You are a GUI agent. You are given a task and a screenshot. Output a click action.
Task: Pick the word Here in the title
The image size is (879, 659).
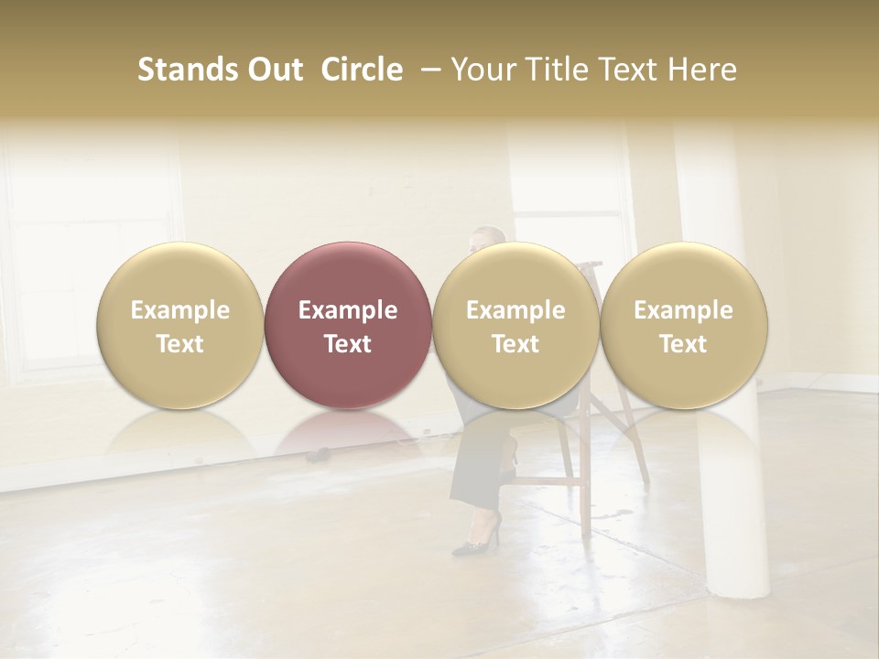[x=703, y=70]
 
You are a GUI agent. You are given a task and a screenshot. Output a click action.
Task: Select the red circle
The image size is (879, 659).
[x=348, y=325]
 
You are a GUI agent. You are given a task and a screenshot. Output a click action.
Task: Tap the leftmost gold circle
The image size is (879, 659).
[x=180, y=325]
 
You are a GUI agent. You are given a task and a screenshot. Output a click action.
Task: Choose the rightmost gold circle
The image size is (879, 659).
[x=684, y=325]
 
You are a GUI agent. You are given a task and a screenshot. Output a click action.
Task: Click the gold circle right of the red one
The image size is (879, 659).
[x=515, y=325]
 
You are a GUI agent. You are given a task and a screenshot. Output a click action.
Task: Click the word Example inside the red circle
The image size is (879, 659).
[x=348, y=310]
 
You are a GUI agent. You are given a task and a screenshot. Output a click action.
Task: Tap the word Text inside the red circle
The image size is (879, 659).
[x=348, y=344]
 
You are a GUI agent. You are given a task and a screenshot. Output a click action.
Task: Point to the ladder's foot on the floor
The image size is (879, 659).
[x=586, y=531]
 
